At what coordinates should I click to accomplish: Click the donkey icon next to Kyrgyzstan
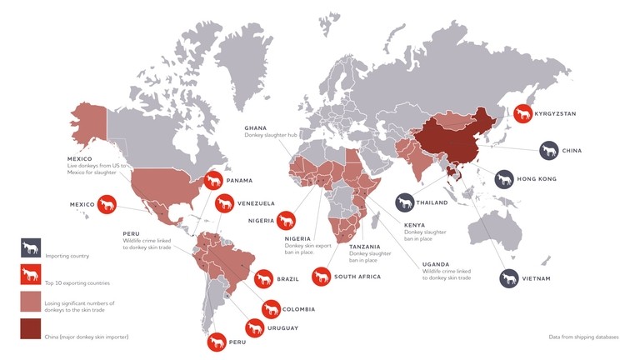pos(524,113)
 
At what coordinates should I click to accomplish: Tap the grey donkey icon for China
pos(548,151)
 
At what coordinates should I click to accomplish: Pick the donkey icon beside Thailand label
pos(406,202)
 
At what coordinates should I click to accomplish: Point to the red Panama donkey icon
pos(213,179)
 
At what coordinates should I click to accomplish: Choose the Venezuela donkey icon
pos(224,202)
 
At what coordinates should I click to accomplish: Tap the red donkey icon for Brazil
pos(263,278)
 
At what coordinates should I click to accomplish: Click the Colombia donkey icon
pos(271,309)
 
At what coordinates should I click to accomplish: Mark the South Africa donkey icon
pos(321,276)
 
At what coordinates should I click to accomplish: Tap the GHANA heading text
pos(255,127)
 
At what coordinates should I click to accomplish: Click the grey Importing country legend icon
pos(31,247)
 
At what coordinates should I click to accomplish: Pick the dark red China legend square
pos(31,329)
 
